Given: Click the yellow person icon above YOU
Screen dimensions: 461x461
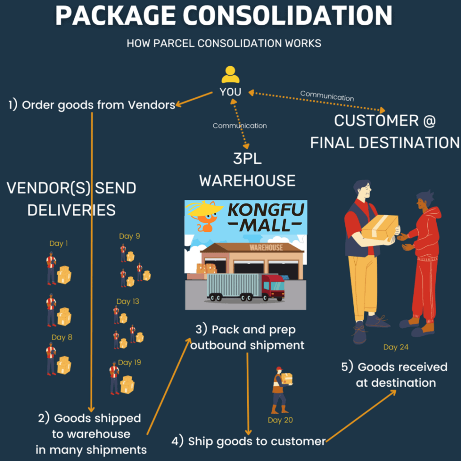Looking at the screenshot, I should click(x=230, y=75).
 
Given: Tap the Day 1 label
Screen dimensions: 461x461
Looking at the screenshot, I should click(x=59, y=244).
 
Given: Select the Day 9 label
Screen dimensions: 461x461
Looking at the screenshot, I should click(x=129, y=236).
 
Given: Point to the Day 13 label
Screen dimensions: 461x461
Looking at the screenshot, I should click(x=128, y=301).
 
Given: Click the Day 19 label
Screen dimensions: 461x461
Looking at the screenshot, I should click(x=129, y=362).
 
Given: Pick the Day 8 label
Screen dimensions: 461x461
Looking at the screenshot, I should click(x=62, y=337).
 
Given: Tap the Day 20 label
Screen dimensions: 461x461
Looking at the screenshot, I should click(x=280, y=420).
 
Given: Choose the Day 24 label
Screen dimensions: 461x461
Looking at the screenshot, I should click(x=396, y=347).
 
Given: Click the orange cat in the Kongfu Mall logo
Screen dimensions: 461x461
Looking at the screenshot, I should click(x=207, y=220).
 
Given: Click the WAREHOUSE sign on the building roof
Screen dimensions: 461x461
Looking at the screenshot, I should click(x=266, y=247).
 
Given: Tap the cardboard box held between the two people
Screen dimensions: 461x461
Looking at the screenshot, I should click(x=380, y=227).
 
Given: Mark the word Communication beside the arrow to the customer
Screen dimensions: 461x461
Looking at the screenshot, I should click(x=327, y=95).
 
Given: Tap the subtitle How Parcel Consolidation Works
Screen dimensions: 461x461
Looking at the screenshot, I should click(x=224, y=43).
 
